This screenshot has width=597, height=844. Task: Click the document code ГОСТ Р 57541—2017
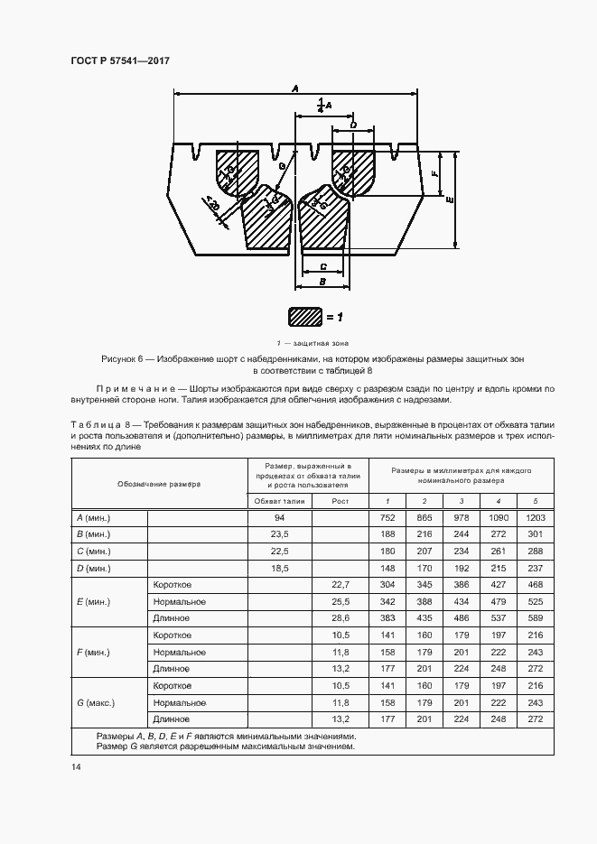(120, 60)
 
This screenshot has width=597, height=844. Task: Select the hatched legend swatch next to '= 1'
(304, 317)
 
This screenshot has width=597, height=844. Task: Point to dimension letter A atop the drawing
(295, 88)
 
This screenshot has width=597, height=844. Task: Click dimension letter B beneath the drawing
(322, 282)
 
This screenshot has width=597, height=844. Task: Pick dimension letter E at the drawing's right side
(449, 200)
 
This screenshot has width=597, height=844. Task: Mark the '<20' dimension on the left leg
(212, 207)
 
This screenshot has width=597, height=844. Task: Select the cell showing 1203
(536, 518)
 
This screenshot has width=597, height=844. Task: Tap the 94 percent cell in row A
(279, 518)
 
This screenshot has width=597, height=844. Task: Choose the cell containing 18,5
(279, 568)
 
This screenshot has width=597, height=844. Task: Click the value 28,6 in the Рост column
(340, 618)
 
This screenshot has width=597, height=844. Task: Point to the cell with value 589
(536, 618)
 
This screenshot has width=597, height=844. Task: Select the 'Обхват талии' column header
(279, 501)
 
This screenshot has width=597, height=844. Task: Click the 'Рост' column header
(340, 501)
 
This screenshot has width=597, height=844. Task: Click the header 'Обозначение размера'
(158, 484)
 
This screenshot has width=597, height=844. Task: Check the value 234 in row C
(461, 552)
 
